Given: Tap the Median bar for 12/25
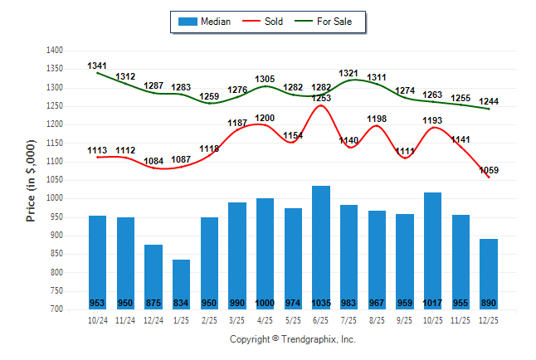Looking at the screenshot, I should pyautogui.click(x=488, y=274).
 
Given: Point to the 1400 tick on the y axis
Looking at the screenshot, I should pyautogui.click(x=54, y=51).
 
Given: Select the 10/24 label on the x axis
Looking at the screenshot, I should pyautogui.click(x=97, y=319).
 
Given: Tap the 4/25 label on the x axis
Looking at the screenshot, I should pyautogui.click(x=265, y=319).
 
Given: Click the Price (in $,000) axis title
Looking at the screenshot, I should pyautogui.click(x=31, y=180).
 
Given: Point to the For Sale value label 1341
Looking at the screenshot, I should pyautogui.click(x=98, y=66).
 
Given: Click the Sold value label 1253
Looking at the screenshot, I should pyautogui.click(x=321, y=98).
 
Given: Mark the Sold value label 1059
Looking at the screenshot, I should pyautogui.click(x=489, y=171).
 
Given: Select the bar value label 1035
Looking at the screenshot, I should pyautogui.click(x=320, y=302).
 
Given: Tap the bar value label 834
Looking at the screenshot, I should pyautogui.click(x=181, y=302).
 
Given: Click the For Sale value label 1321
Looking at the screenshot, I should pyautogui.click(x=349, y=74).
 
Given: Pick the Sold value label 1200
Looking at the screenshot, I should pyautogui.click(x=265, y=118).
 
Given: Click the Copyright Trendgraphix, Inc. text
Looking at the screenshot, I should pyautogui.click(x=292, y=339).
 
